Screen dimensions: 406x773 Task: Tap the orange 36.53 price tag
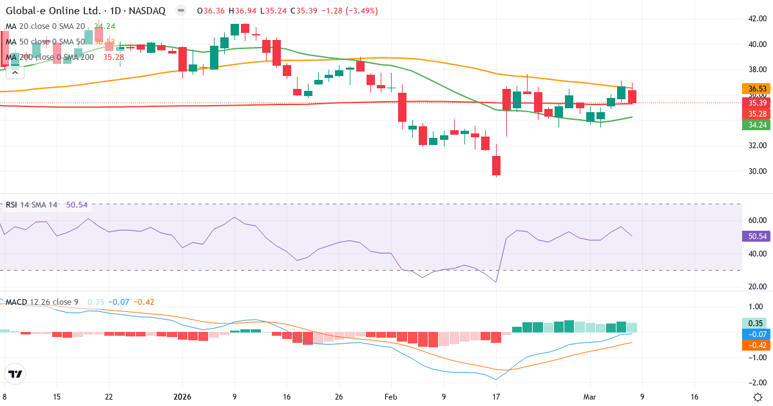[x=757, y=89]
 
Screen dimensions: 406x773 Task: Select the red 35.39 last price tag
[x=757, y=102]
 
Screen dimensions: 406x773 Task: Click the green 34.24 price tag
[x=757, y=125]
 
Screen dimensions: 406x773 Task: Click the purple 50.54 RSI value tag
[x=757, y=237]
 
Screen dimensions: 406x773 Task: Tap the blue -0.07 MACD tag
[x=757, y=334]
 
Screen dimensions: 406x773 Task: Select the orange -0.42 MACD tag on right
[x=757, y=345]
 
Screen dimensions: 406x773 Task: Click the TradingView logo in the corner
[x=15, y=374]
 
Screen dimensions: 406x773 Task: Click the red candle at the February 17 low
[x=496, y=166]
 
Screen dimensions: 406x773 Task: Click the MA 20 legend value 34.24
[x=104, y=26]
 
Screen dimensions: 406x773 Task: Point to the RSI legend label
[x=12, y=205]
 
